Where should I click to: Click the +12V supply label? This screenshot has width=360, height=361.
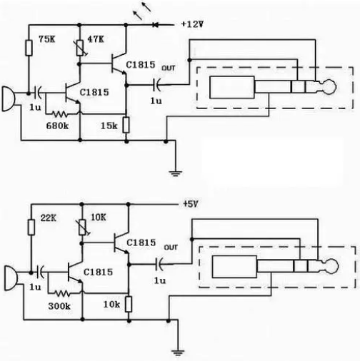tap(193, 24)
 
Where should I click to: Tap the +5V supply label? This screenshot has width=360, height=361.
tap(191, 204)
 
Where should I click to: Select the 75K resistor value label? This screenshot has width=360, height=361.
tap(47, 39)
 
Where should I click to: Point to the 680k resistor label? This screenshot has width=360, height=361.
tap(57, 126)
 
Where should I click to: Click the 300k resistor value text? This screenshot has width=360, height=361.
tap(59, 306)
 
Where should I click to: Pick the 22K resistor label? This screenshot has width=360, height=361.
tap(49, 218)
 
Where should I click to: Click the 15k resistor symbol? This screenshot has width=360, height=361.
tap(126, 125)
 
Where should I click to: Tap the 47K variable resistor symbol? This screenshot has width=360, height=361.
tap(80, 49)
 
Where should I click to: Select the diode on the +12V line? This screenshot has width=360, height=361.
tap(155, 24)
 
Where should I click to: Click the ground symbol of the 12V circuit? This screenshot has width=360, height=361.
tap(176, 173)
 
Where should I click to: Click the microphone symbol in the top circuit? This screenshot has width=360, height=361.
tap(9, 99)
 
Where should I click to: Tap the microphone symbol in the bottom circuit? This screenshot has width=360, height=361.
tap(11, 278)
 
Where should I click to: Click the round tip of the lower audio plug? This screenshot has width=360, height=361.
tap(331, 266)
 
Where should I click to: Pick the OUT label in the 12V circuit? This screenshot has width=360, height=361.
tap(169, 68)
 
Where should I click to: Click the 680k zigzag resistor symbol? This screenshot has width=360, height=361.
tap(59, 114)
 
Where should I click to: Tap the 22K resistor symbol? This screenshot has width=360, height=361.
tap(31, 228)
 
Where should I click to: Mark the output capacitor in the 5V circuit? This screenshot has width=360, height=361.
tap(159, 264)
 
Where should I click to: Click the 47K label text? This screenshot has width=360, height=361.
tap(96, 39)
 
